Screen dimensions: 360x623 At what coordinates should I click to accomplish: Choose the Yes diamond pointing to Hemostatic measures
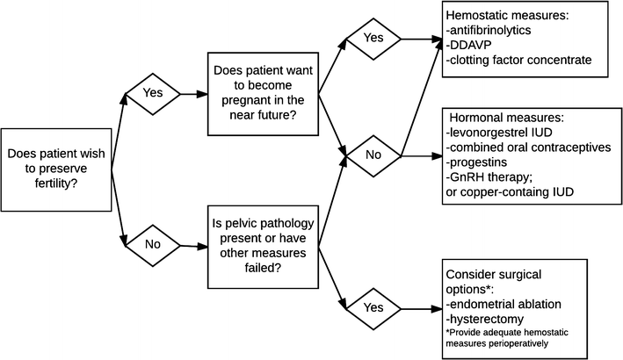(x=373, y=39)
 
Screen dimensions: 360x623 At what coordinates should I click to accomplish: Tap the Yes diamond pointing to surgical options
(x=373, y=307)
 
